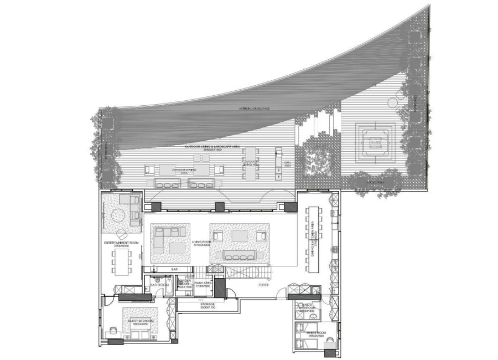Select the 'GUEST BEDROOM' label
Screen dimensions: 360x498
point(141,321)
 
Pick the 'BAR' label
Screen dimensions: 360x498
point(174,269)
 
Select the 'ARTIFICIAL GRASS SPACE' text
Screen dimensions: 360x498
point(254,109)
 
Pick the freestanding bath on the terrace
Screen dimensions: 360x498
point(376,141)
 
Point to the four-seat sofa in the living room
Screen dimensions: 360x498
point(238,255)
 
